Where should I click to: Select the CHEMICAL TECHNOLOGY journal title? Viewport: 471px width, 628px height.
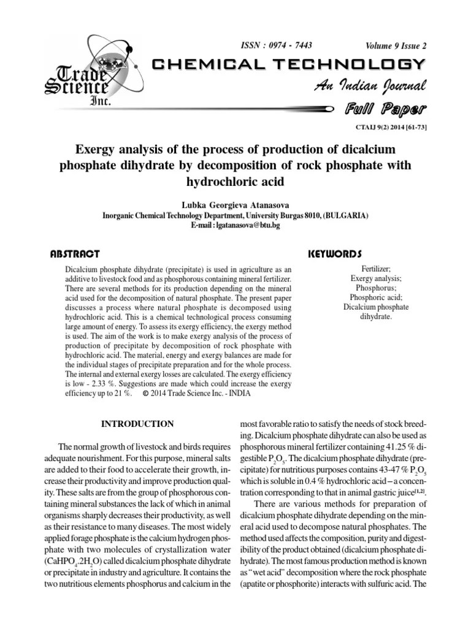point(287,65)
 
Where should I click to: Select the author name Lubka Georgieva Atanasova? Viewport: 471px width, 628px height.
point(235,205)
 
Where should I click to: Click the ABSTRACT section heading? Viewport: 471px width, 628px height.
point(75,253)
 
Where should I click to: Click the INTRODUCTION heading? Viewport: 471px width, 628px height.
point(137,424)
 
